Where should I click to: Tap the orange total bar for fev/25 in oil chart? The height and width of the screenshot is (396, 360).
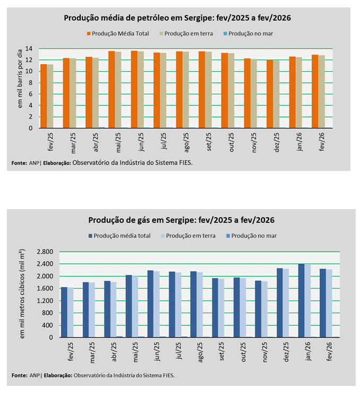point(44,96)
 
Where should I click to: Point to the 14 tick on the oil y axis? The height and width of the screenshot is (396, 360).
point(30,48)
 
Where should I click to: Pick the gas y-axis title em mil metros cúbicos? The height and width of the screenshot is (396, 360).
point(22,292)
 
